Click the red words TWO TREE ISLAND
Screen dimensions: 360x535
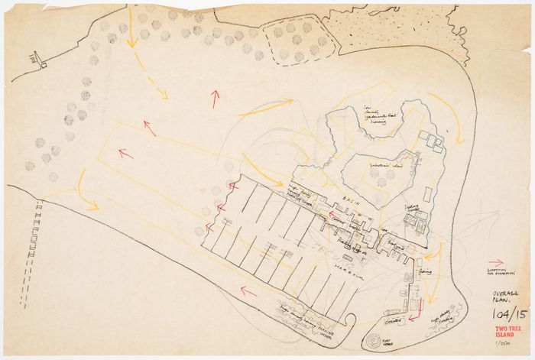(505, 330)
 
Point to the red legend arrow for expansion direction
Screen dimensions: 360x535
(495, 261)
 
